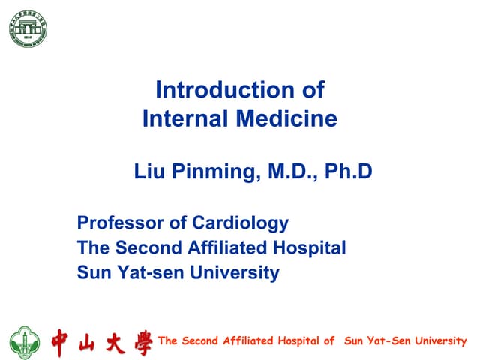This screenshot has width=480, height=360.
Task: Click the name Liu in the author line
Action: point(148,172)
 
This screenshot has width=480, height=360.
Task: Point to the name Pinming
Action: point(211,172)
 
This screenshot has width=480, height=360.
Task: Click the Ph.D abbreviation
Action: point(349,172)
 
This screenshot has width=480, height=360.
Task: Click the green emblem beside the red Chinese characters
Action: point(25,342)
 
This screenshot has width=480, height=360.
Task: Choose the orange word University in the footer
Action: point(438,340)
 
